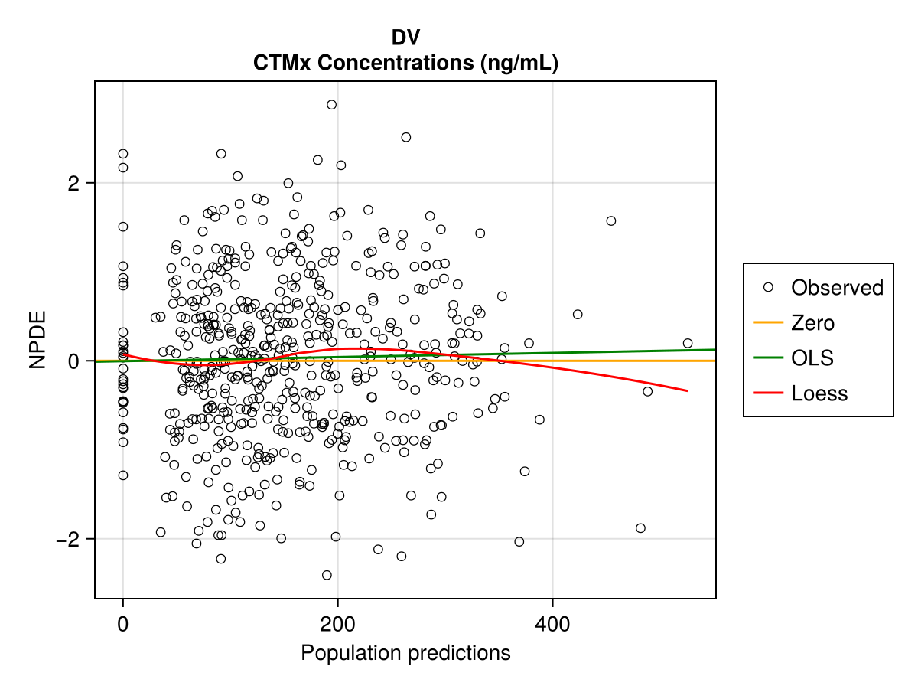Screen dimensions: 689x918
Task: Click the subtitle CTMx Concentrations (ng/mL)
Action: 405,64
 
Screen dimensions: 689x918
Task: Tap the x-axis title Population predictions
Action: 405,653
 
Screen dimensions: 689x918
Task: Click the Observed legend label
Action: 837,288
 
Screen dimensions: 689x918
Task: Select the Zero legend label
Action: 812,323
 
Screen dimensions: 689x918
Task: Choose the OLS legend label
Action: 812,358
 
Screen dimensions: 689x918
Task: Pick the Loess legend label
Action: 819,393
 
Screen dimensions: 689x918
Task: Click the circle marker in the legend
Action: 768,287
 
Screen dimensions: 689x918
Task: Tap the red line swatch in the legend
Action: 768,393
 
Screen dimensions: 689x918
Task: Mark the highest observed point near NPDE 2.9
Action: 331,105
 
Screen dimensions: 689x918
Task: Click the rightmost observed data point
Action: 687,343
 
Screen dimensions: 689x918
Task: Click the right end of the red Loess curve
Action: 686,390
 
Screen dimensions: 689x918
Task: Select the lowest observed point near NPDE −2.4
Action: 327,575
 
